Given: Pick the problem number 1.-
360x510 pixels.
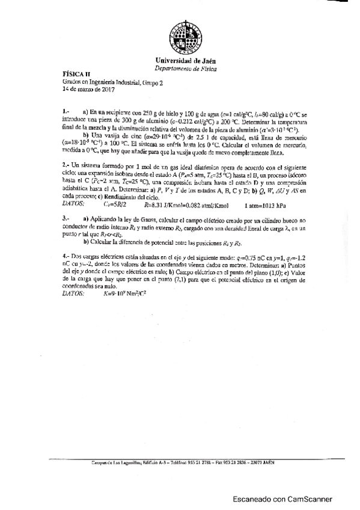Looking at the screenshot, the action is point(66,112).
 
